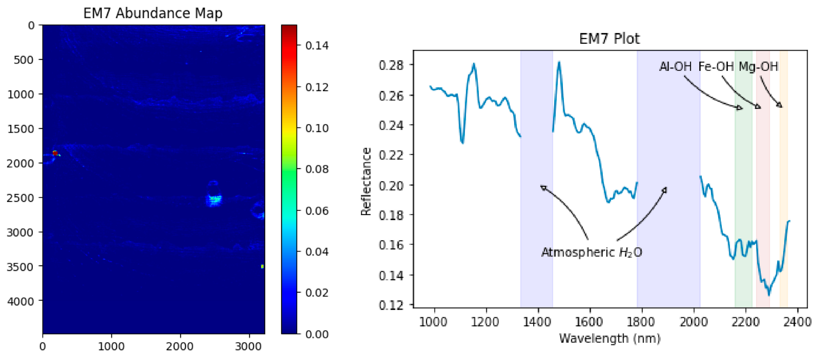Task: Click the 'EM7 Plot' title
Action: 609,39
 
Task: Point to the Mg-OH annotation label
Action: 758,67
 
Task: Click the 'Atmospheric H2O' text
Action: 592,252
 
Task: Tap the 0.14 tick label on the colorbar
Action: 317,46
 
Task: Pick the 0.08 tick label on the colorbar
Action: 317,169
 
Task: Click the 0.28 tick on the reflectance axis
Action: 391,65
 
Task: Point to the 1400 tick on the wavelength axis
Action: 538,322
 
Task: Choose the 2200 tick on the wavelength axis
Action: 746,322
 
